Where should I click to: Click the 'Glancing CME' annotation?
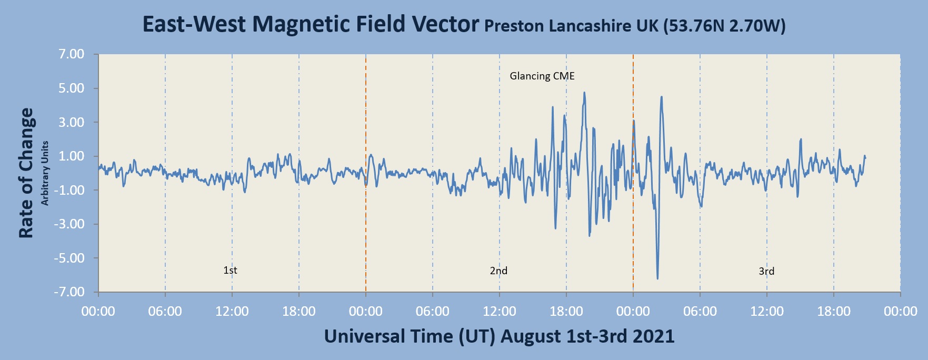point(542,76)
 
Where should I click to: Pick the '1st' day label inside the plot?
point(230,271)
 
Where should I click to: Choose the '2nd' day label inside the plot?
point(498,271)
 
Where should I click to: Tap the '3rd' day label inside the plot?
point(766,272)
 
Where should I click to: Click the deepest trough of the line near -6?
point(657,278)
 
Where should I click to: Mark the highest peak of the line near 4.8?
point(584,93)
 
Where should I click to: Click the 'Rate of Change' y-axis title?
point(26,173)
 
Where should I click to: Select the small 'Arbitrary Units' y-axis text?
point(45,173)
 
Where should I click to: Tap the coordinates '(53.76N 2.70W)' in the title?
point(724,26)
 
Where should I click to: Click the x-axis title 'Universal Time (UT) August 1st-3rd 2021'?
point(499,336)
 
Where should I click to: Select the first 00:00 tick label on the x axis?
point(98,312)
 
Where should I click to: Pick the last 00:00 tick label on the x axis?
point(900,312)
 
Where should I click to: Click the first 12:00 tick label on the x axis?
point(232,312)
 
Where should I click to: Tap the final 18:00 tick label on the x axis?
point(833,312)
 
